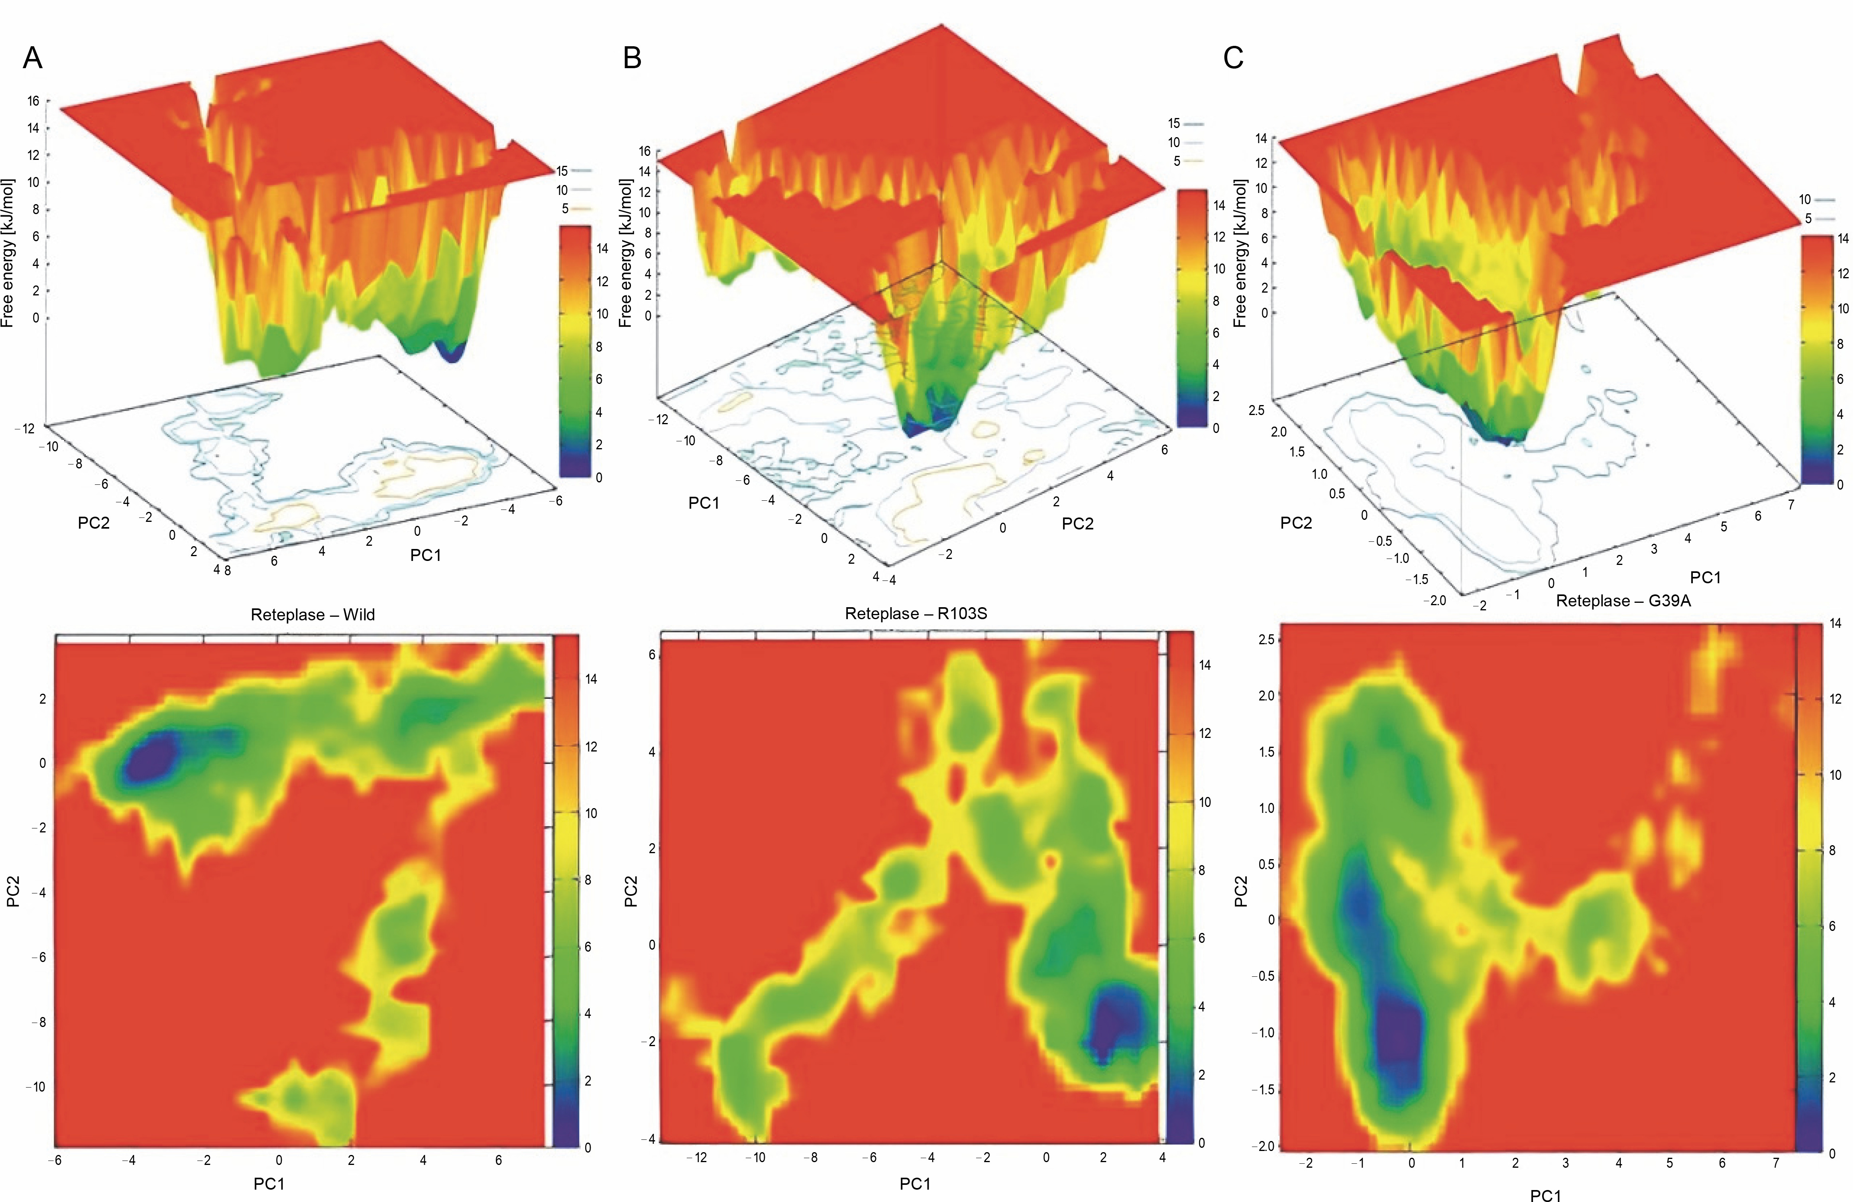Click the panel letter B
click(632, 58)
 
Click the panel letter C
click(1233, 58)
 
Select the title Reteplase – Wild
click(312, 615)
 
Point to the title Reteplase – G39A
click(1623, 601)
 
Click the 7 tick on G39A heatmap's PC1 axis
click(1776, 1163)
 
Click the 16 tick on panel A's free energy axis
click(33, 101)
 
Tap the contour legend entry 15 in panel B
click(1174, 123)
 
